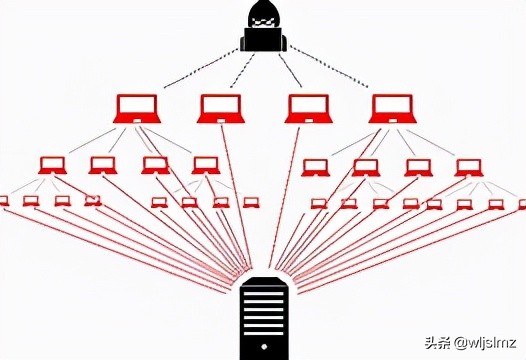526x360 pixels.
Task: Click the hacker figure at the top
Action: click(x=264, y=27)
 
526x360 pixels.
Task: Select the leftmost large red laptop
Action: click(x=138, y=107)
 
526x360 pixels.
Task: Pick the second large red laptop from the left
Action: click(x=221, y=107)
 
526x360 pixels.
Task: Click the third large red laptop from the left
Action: click(x=308, y=107)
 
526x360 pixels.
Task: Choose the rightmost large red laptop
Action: click(x=392, y=107)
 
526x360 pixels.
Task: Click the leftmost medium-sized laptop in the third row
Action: click(x=52, y=165)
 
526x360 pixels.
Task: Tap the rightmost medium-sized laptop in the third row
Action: click(x=468, y=166)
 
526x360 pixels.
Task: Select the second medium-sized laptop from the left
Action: click(x=102, y=165)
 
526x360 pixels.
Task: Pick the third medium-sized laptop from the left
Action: click(x=155, y=165)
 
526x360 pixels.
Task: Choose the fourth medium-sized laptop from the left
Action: click(x=206, y=165)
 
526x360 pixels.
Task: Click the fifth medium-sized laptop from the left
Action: click(x=315, y=166)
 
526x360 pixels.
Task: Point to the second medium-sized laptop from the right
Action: click(x=418, y=166)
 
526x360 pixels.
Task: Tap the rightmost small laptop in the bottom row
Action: click(x=520, y=204)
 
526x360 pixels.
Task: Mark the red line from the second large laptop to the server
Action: click(x=237, y=200)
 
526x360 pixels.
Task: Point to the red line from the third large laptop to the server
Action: click(x=288, y=200)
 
